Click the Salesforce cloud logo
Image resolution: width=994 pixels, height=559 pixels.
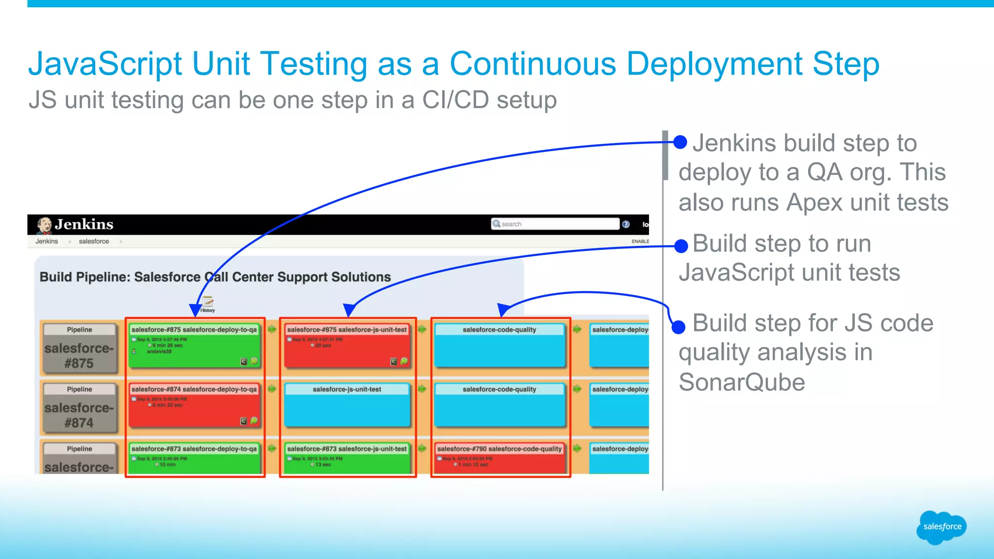click(941, 527)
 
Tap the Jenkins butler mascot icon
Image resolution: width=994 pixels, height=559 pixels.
click(44, 225)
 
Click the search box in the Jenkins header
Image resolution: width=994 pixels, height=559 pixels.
click(556, 224)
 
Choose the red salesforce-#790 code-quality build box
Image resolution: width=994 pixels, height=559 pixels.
click(499, 457)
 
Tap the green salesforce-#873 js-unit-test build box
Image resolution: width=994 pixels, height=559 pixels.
click(347, 457)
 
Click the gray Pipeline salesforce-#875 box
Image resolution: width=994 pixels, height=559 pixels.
click(79, 349)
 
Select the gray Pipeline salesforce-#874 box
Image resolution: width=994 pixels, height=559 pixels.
click(79, 408)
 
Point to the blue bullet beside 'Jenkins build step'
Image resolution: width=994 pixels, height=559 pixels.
click(680, 142)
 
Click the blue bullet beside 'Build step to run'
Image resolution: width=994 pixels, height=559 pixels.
click(681, 246)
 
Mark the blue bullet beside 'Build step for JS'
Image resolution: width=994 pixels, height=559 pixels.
click(679, 327)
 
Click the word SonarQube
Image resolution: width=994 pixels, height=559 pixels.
click(742, 382)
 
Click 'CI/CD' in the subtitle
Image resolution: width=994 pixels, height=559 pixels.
click(455, 100)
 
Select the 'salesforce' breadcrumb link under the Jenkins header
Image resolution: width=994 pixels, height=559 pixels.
click(94, 241)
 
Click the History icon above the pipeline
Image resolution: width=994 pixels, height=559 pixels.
click(208, 304)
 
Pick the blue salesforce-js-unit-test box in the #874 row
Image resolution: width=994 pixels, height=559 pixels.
click(347, 405)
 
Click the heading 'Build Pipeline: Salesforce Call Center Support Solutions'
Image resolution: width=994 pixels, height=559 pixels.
click(215, 277)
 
